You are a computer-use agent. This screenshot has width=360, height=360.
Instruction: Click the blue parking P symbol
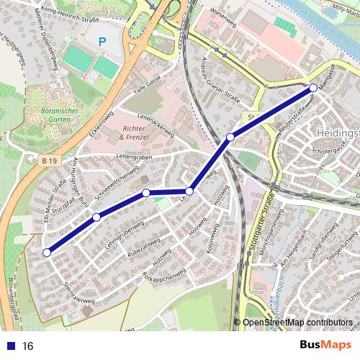coord(102,43)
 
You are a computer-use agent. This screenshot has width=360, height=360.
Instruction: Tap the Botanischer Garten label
coord(84,116)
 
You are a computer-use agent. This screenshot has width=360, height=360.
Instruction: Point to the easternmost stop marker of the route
coord(313,88)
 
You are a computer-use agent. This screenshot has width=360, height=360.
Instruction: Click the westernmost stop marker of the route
coord(47,253)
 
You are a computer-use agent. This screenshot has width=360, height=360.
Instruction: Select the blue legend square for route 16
coord(12,346)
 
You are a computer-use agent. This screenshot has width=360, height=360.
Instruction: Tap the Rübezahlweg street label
coord(125,246)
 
